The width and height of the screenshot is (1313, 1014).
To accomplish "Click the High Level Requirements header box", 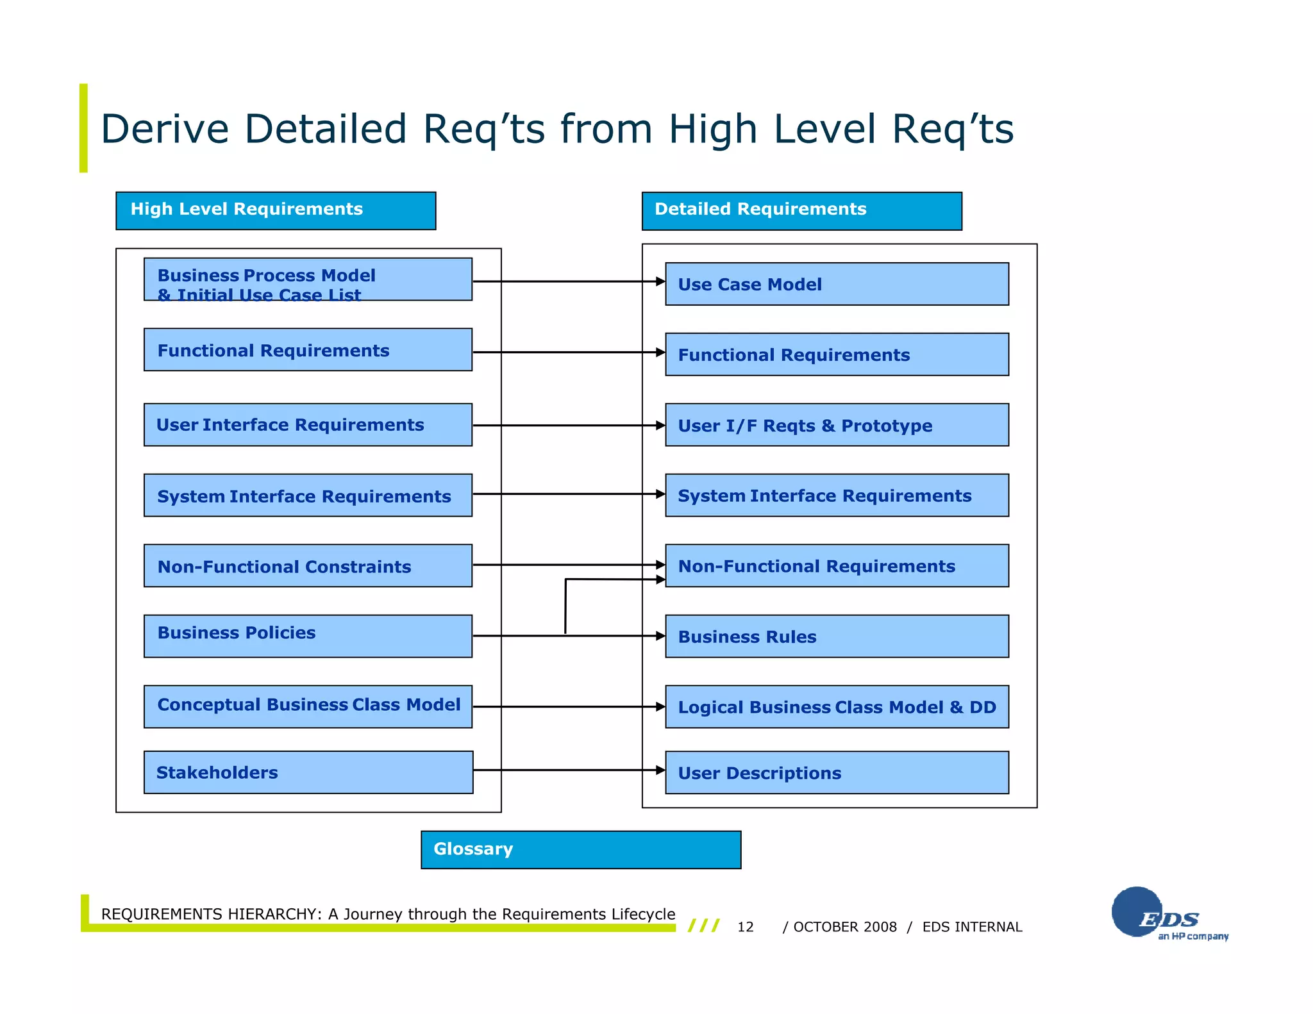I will tap(276, 210).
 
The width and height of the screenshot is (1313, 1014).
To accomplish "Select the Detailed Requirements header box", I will tap(801, 210).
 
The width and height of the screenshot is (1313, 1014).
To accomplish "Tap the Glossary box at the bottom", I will tap(581, 849).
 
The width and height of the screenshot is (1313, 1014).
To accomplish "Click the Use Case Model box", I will tap(837, 284).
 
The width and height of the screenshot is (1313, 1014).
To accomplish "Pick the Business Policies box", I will tap(308, 636).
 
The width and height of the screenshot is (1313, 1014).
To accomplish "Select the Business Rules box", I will tap(837, 636).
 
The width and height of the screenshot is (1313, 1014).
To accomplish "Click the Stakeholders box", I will tap(308, 772).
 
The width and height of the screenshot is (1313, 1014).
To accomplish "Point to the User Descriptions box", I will tap(837, 772).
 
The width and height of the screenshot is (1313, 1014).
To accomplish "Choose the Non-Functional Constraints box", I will tap(308, 565).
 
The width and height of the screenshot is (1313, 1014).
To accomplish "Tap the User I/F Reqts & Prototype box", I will tap(837, 424).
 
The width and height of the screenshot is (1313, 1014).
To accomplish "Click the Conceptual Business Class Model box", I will tap(308, 706).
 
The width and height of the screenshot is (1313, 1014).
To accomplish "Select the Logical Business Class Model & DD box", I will tap(837, 706).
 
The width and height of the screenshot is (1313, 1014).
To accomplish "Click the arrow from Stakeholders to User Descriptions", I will tap(567, 770).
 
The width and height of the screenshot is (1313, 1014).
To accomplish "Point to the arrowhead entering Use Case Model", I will tap(660, 281).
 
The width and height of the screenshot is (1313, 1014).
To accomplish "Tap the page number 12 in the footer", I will tap(745, 927).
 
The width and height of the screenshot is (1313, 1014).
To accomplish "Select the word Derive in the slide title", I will tap(165, 129).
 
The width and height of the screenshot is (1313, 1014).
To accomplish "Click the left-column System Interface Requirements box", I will tap(308, 495).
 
